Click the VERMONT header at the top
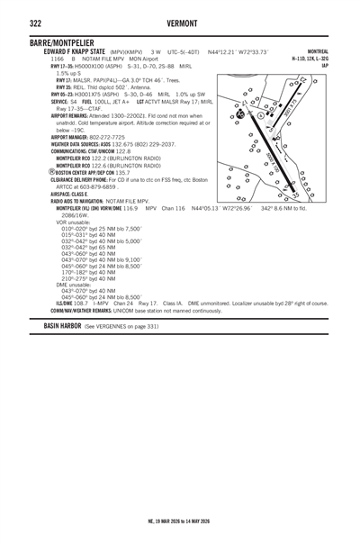tap(180, 22)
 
